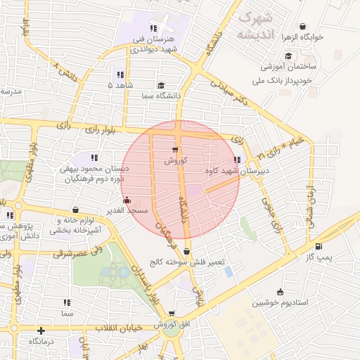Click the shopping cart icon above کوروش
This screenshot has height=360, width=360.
pos(175,150)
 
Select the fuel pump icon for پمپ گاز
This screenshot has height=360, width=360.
pos(321,247)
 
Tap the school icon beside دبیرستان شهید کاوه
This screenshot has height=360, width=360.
pos(245,160)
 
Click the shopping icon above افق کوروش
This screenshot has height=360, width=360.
pos(172,314)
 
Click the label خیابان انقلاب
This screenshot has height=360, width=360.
pos(134,328)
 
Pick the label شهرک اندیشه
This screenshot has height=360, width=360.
pos(255,25)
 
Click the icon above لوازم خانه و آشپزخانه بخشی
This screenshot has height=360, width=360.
pos(75,210)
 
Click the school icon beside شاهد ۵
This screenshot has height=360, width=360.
pos(120,75)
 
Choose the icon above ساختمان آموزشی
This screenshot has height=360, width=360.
pos(288,56)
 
